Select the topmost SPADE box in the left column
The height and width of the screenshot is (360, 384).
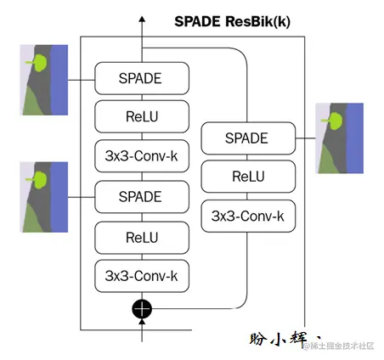(141, 79)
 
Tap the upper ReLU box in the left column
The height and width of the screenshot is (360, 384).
(141, 115)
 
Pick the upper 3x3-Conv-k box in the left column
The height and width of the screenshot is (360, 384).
(141, 156)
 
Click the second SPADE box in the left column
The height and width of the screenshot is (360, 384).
(141, 196)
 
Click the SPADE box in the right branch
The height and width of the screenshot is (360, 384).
(246, 138)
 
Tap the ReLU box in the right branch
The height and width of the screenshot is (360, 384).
(246, 177)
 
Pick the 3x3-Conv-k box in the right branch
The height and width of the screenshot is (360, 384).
(246, 216)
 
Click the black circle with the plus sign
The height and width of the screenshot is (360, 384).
(141, 308)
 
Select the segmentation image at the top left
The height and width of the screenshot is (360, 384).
(43, 80)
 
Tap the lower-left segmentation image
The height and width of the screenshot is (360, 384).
(43, 197)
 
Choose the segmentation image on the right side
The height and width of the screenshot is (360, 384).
(340, 138)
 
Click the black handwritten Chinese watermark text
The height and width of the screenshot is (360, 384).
(281, 339)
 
